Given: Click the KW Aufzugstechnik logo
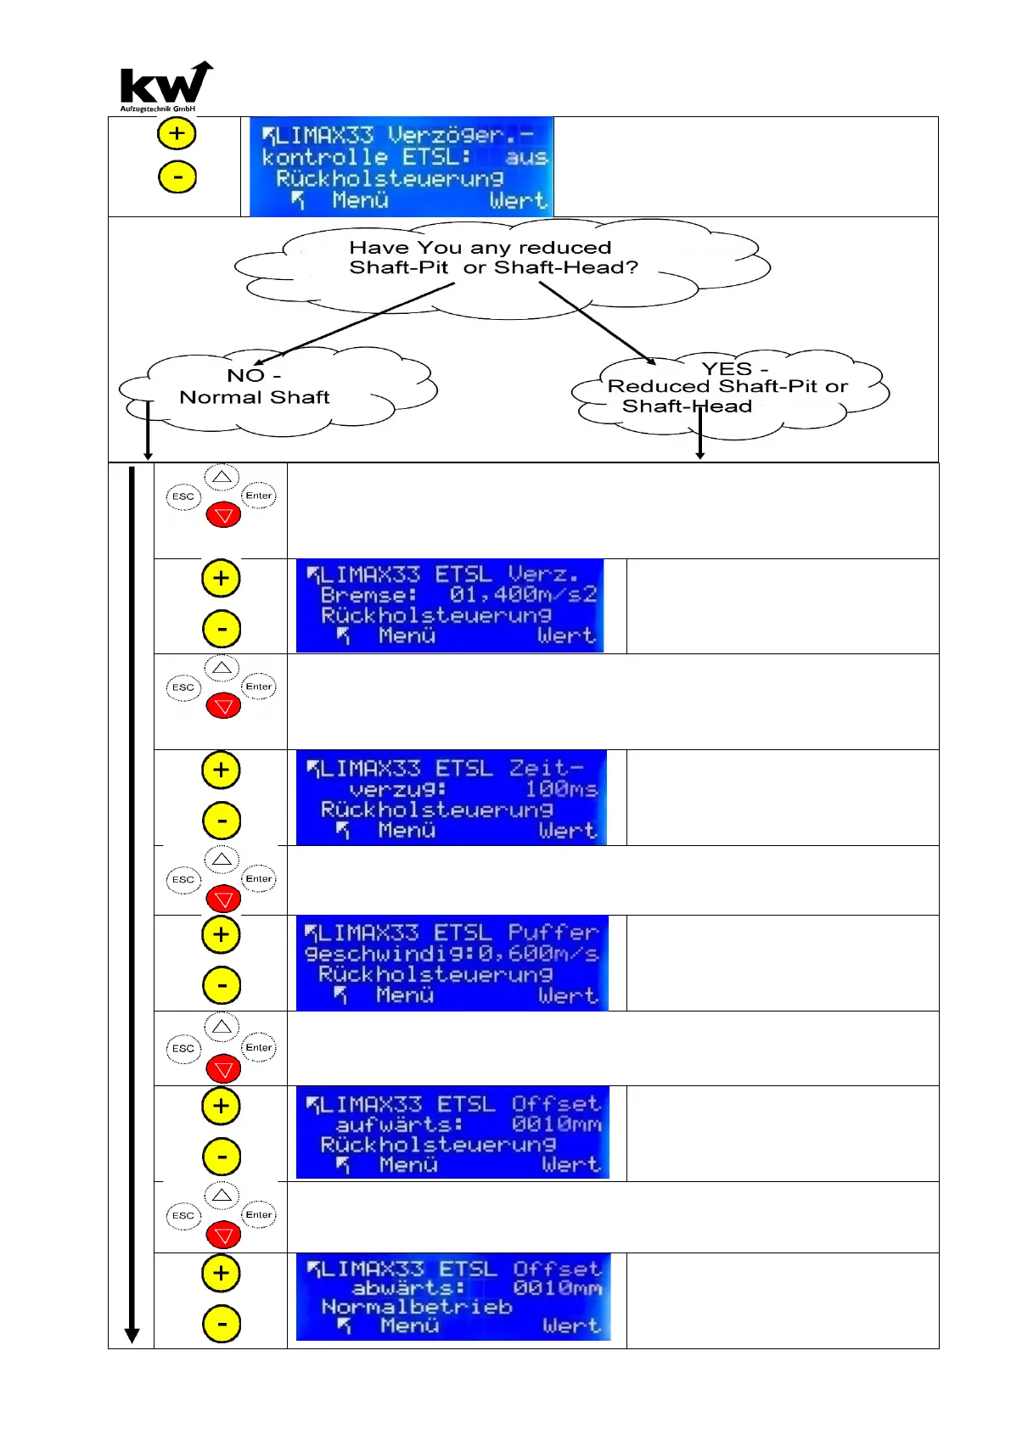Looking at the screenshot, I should (x=165, y=87).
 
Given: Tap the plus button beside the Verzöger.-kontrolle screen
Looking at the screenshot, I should (x=177, y=133).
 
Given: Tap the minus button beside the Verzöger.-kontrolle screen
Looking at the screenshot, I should (x=177, y=177).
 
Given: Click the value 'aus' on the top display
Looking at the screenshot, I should (x=526, y=157).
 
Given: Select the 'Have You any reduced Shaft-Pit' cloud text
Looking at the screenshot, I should (x=492, y=257).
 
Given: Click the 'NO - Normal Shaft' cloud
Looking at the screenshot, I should (x=255, y=387).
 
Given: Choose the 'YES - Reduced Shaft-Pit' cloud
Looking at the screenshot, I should (x=727, y=387).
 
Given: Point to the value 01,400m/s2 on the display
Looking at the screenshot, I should (x=523, y=595).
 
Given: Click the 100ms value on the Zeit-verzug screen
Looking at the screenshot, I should (x=561, y=789).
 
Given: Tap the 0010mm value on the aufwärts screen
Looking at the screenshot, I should (x=556, y=1124).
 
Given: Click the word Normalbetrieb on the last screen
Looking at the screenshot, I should (x=417, y=1307).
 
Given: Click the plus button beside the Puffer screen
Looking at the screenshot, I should (x=222, y=935).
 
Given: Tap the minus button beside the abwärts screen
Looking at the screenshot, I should (x=222, y=1324).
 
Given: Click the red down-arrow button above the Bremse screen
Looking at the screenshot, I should (x=224, y=515).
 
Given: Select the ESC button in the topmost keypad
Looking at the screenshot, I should (x=183, y=496).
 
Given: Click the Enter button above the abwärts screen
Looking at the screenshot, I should (x=259, y=1215).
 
